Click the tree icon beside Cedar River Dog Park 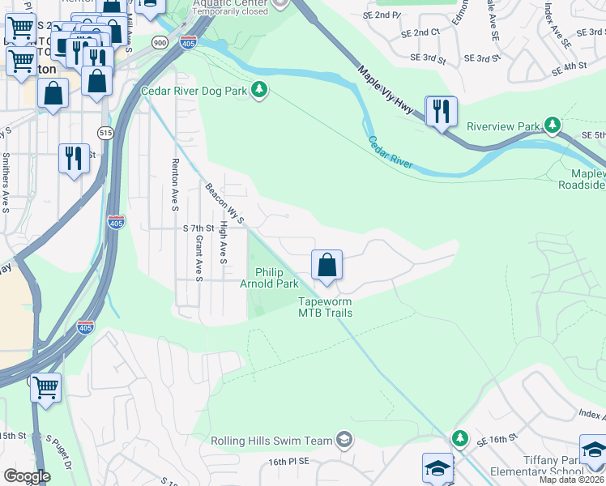259,90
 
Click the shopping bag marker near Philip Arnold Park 326,265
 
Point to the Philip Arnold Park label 269,279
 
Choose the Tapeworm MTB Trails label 325,307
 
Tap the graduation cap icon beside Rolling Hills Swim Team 344,439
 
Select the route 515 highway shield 105,132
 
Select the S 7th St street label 198,228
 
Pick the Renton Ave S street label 174,185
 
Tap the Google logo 26,476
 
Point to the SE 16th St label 497,438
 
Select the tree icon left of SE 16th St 460,437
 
